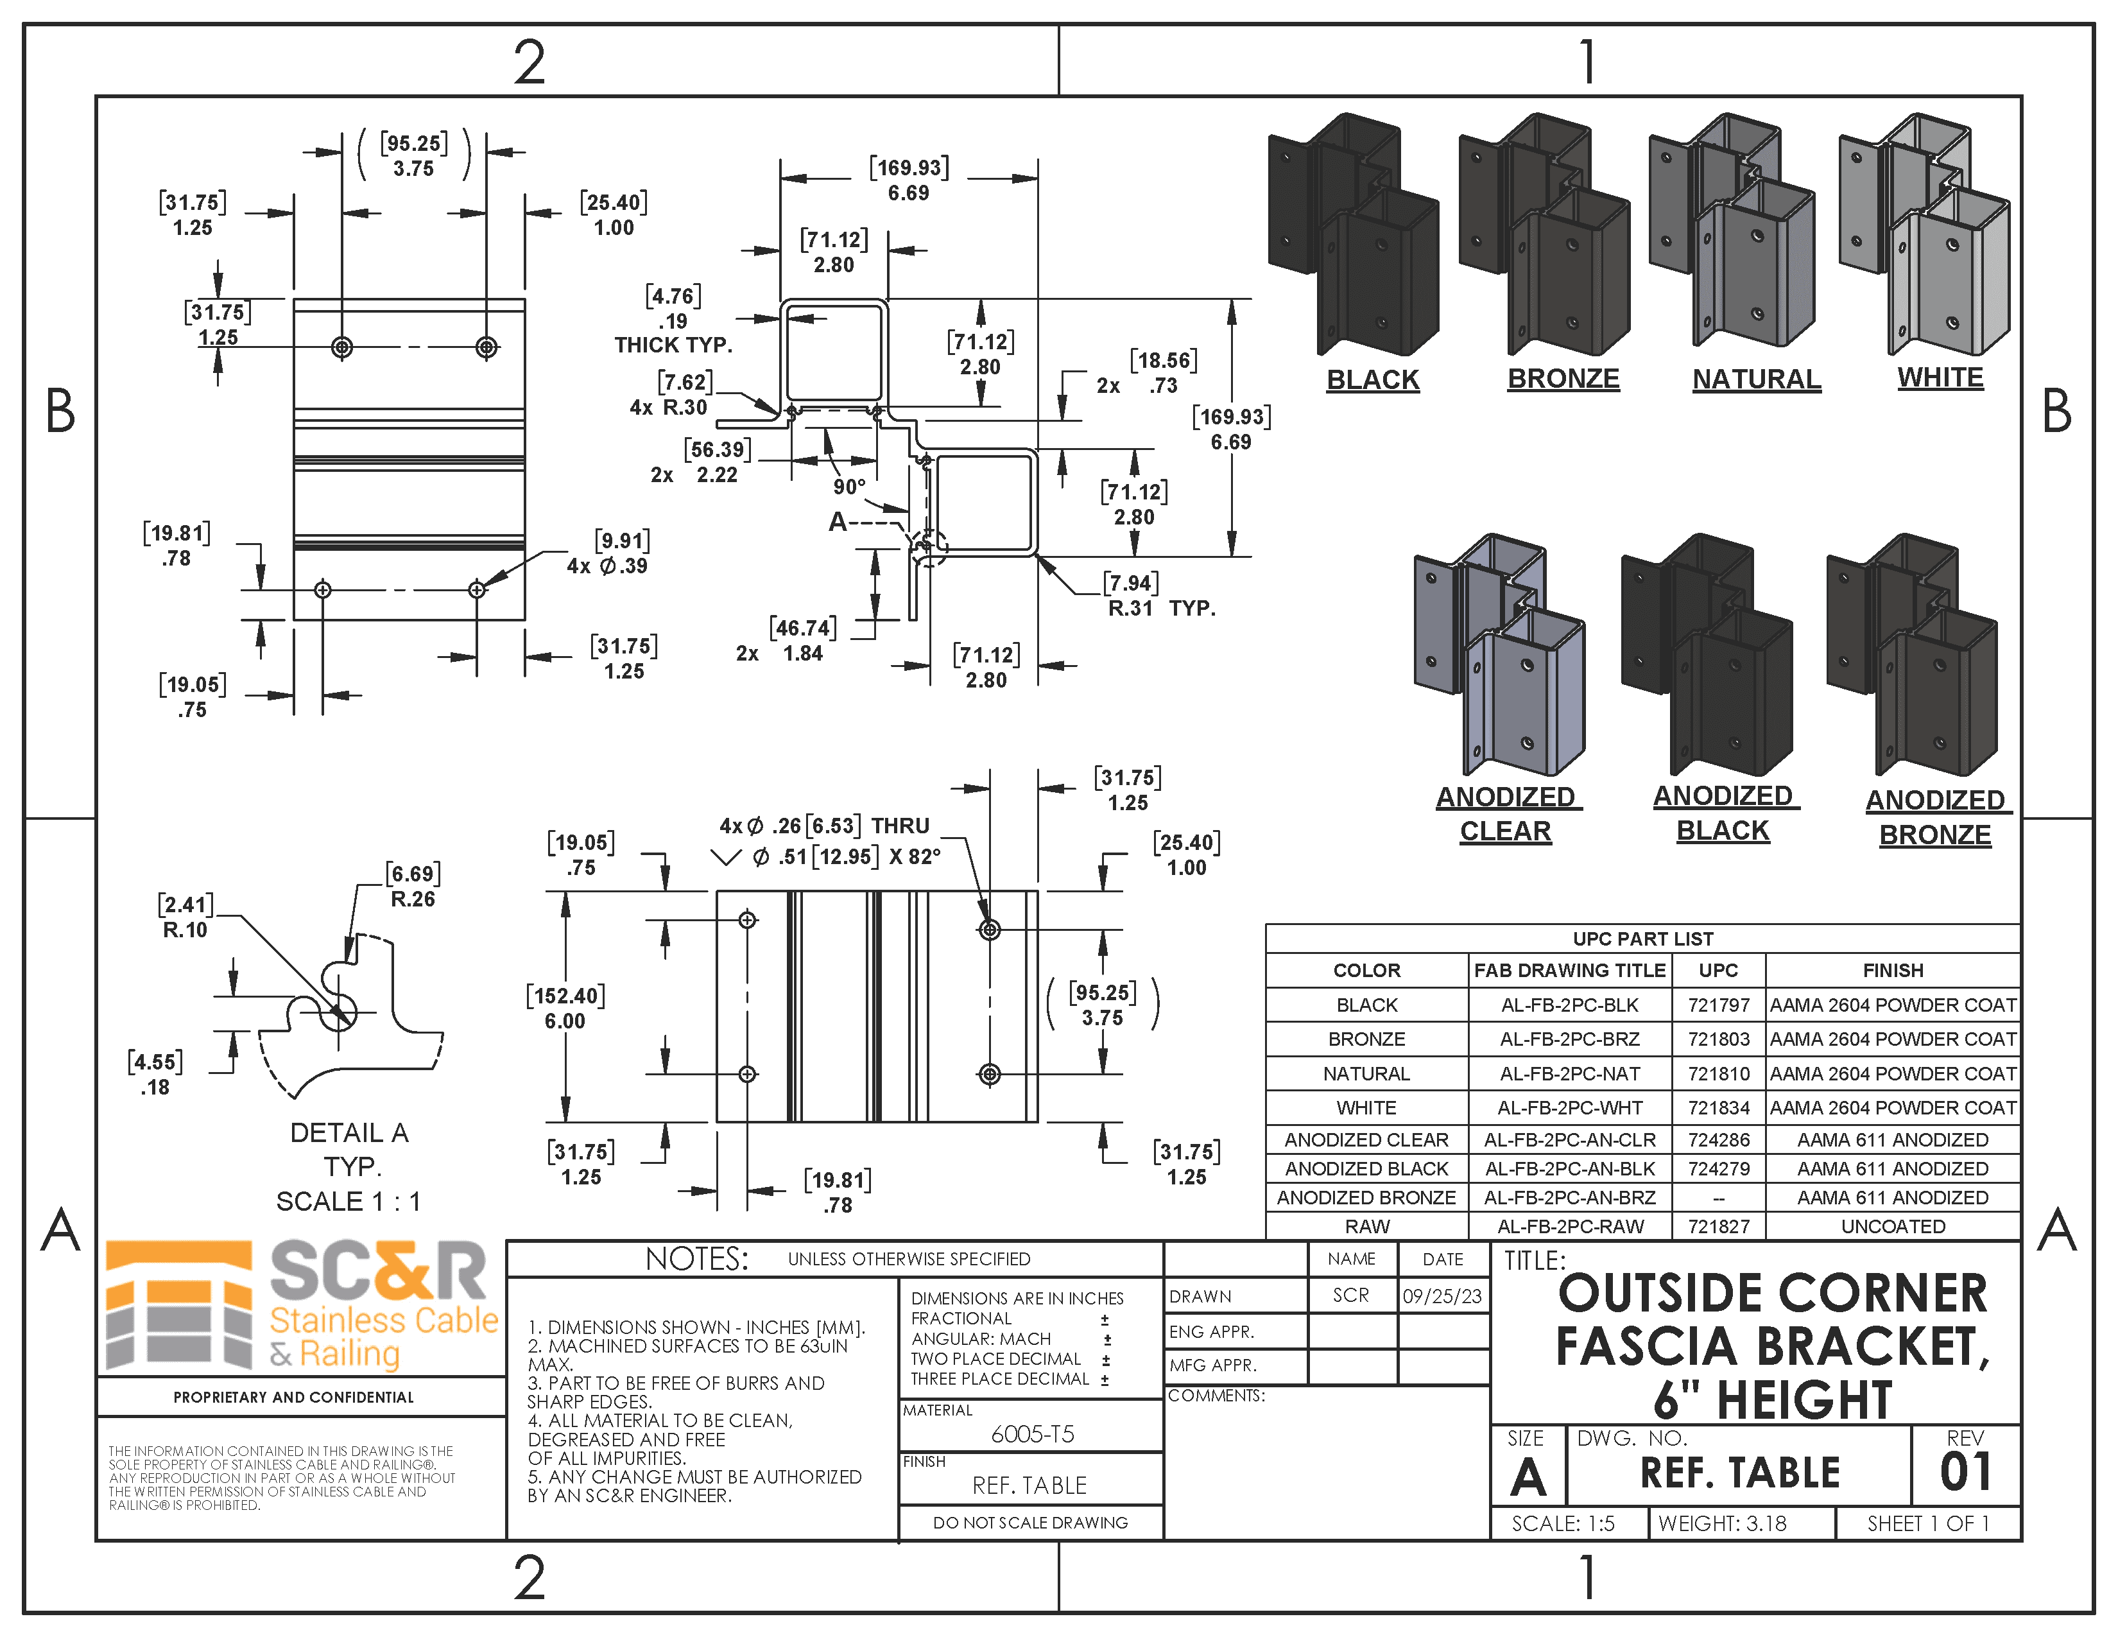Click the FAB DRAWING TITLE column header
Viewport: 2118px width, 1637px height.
click(1569, 971)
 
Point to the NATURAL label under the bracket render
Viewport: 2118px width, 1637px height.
click(1756, 379)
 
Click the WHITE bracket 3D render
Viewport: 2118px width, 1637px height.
click(1925, 233)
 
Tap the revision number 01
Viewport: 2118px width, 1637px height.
click(1965, 1472)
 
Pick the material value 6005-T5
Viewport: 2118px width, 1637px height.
click(1032, 1434)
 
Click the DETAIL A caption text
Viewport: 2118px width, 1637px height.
click(349, 1132)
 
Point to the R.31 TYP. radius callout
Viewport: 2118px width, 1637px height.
click(1161, 608)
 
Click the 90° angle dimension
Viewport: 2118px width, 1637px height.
click(848, 487)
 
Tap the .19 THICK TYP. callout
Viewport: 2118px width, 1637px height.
click(673, 333)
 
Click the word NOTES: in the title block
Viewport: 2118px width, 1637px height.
click(696, 1259)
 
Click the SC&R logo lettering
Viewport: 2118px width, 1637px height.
click(378, 1270)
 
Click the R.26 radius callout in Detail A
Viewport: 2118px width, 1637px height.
click(412, 899)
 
